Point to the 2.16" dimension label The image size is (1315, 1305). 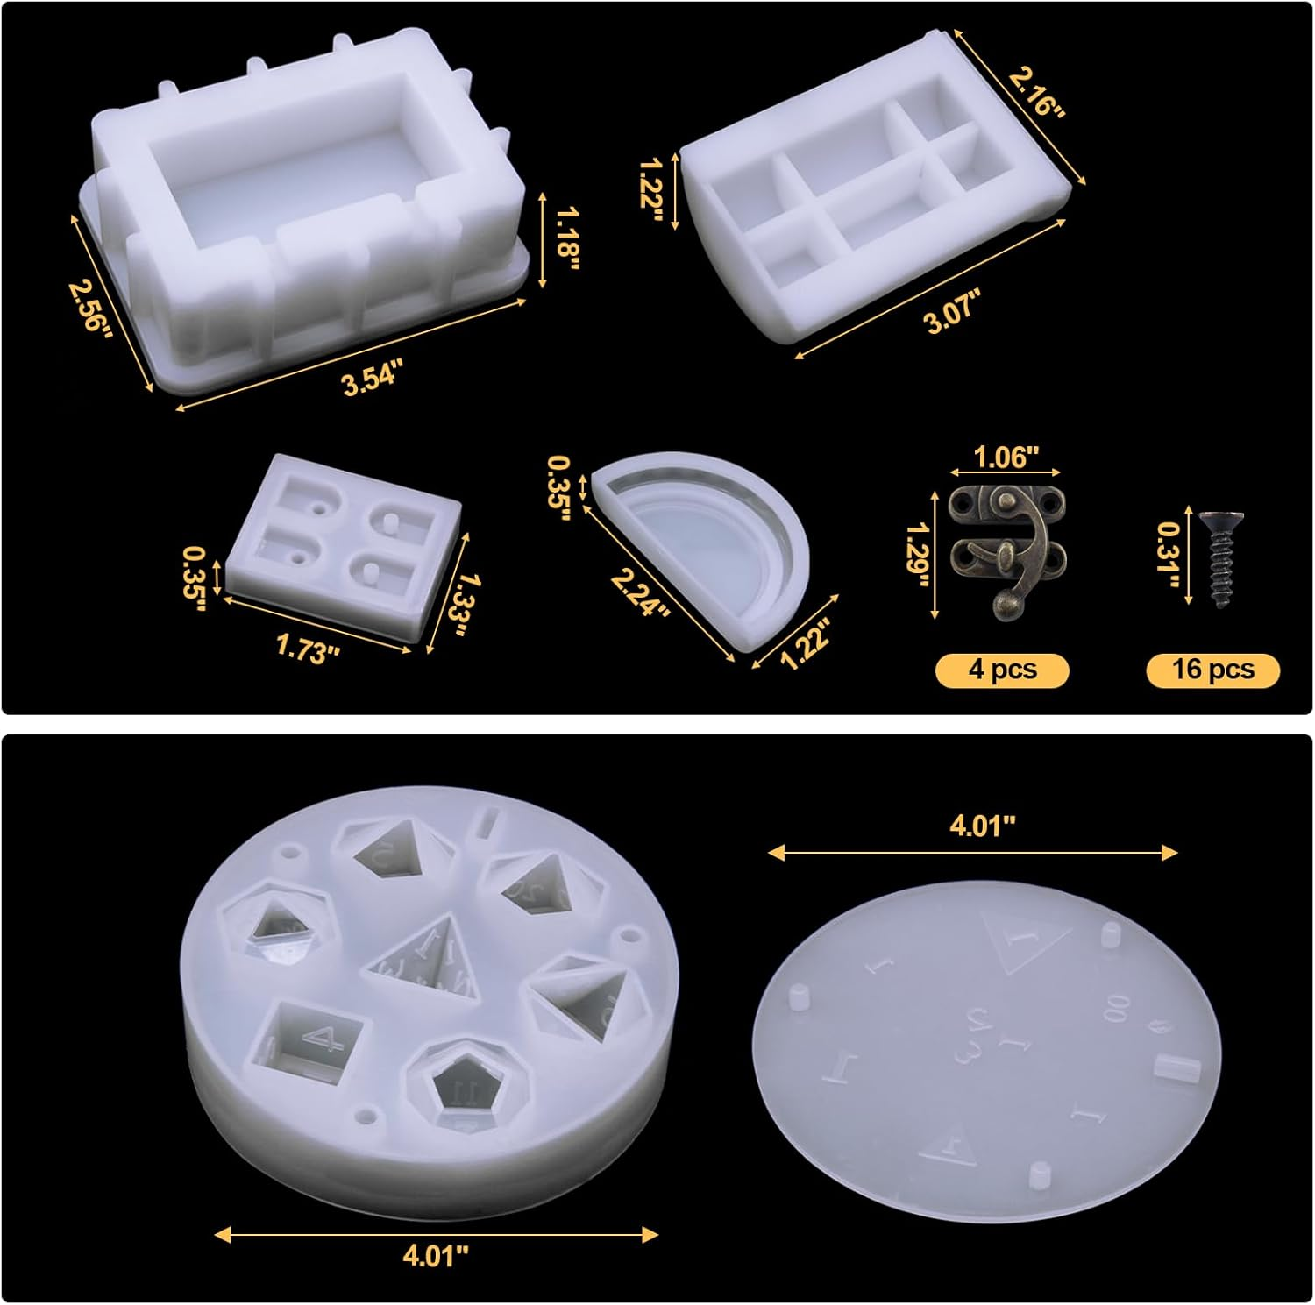pyautogui.click(x=1036, y=92)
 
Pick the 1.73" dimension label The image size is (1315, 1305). pyautogui.click(x=307, y=649)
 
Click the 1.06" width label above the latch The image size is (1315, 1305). pyautogui.click(x=1006, y=457)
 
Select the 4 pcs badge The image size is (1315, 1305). pyautogui.click(x=1002, y=670)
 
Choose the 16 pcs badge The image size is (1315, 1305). pyautogui.click(x=1213, y=670)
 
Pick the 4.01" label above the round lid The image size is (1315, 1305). pyautogui.click(x=982, y=825)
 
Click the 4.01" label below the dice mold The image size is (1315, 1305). pyautogui.click(x=436, y=1255)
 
